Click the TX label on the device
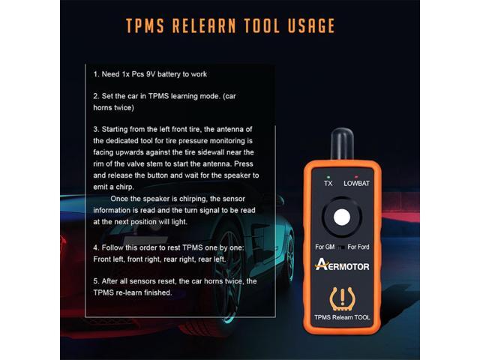[328, 182]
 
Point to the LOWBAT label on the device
[356, 182]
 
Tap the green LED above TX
[328, 174]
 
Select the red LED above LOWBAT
[356, 174]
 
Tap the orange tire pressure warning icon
[342, 297]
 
